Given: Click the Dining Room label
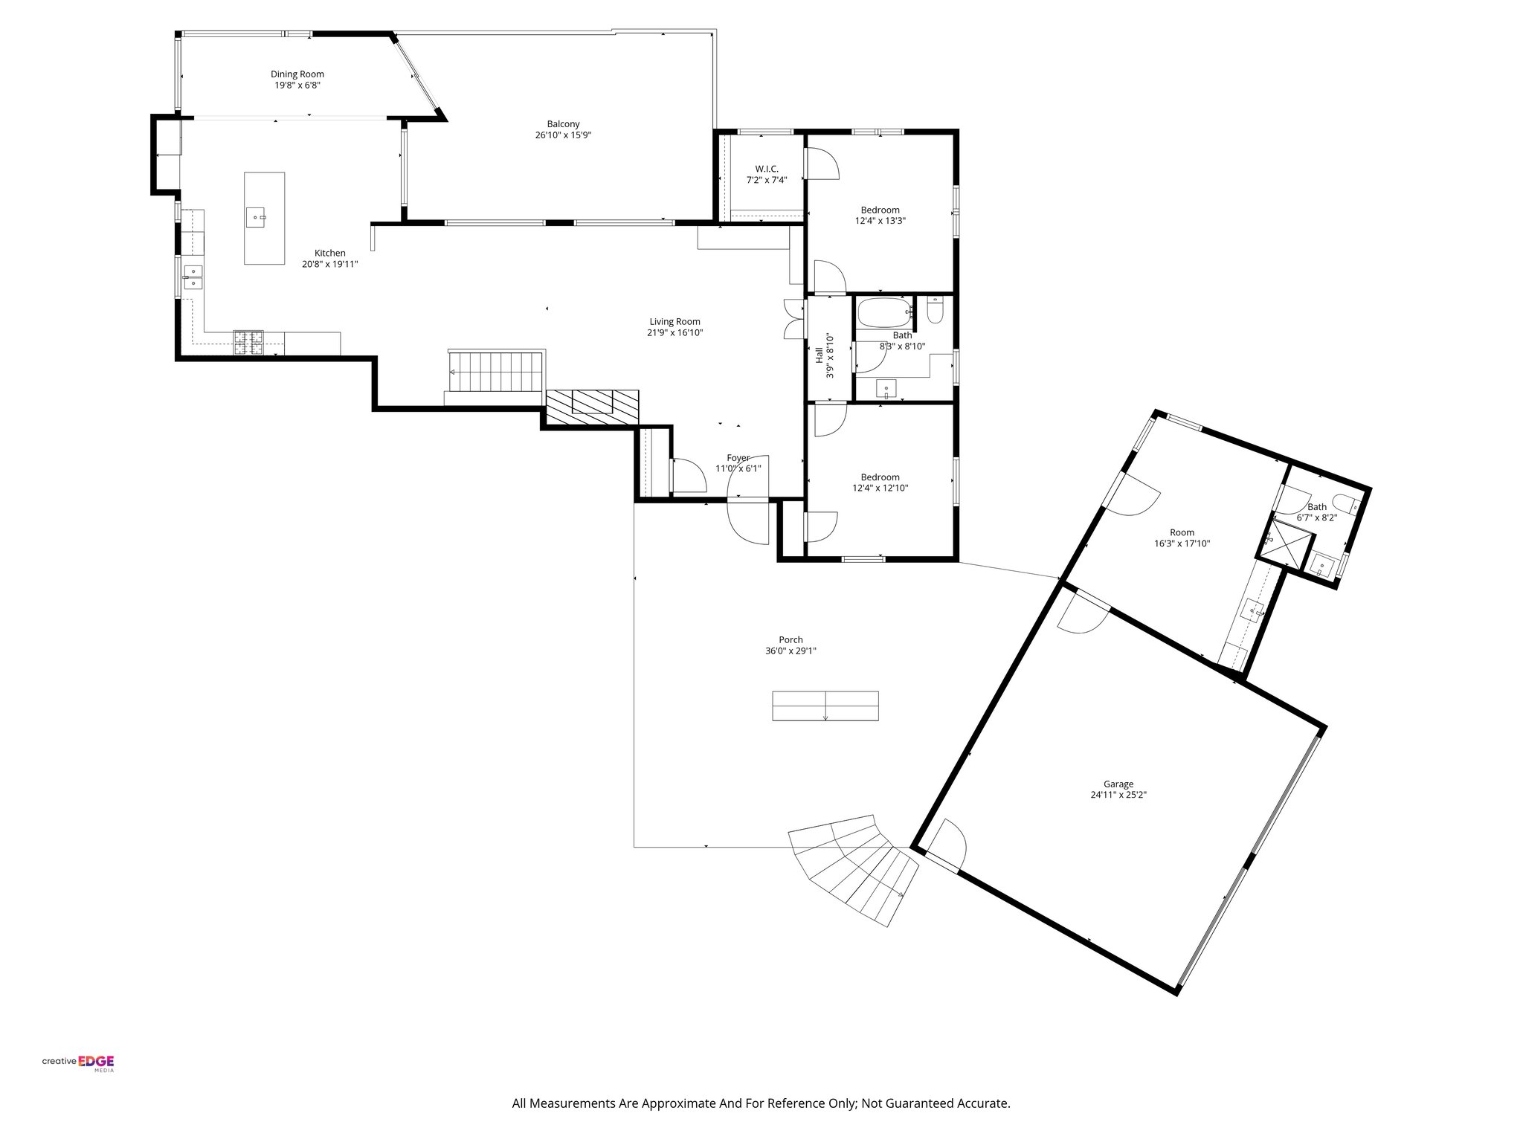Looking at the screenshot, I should click(297, 74).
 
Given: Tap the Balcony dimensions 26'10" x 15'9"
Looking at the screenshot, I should click(563, 135).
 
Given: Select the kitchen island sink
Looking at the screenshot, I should click(257, 218).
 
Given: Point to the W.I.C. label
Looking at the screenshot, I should click(766, 169).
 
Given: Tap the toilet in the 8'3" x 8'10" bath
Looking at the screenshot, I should click(936, 309).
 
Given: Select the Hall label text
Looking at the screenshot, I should click(819, 355).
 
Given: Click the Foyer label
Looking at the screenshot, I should click(738, 458).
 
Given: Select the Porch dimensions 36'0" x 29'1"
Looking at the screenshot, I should click(791, 651).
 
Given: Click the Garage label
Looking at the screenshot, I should click(1118, 784).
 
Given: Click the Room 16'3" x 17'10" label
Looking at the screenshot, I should click(1182, 532).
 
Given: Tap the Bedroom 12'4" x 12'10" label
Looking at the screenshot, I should click(880, 477).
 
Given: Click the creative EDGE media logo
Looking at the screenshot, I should click(78, 1062).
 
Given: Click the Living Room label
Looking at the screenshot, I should click(674, 321).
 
